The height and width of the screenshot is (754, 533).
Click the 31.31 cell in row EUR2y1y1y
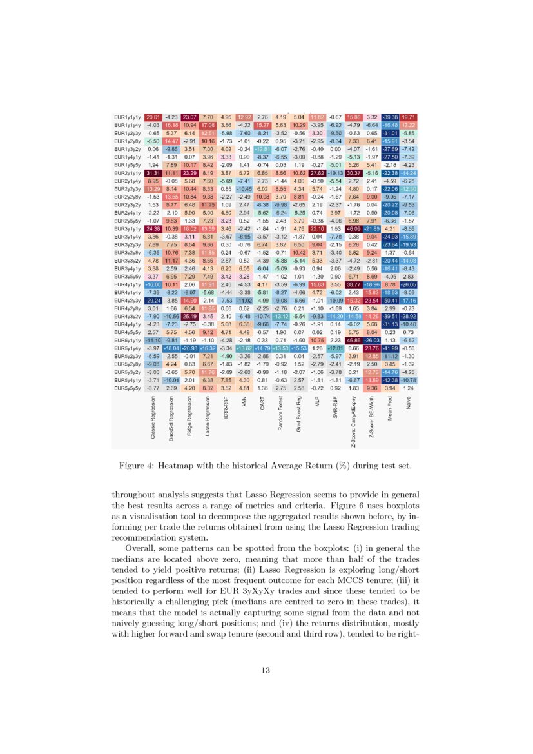pos(153,173)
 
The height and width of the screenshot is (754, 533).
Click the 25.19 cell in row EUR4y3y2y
pos(190,316)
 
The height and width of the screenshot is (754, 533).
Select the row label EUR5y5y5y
pos(127,389)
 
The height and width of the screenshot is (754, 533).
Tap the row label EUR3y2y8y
pos(127,253)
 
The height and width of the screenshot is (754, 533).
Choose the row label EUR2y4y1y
pos(127,212)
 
